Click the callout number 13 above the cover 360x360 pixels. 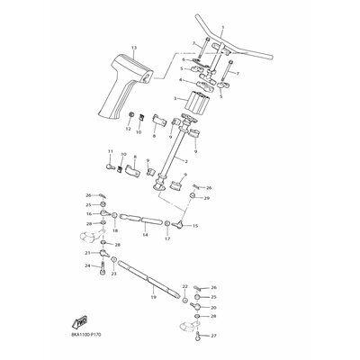tap(133, 46)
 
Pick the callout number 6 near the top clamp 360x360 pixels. tap(183, 59)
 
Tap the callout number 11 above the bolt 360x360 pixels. tap(111, 151)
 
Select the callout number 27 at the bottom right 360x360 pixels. tap(214, 336)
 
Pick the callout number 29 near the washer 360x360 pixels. tap(208, 197)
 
